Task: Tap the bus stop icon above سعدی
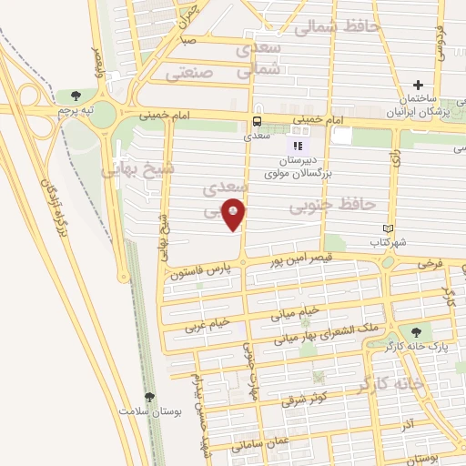[258, 120]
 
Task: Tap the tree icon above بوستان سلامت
[150, 397]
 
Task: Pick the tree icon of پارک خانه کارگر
[416, 333]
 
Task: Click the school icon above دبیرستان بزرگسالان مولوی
[296, 145]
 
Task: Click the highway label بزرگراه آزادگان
[55, 208]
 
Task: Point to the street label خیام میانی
[296, 310]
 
